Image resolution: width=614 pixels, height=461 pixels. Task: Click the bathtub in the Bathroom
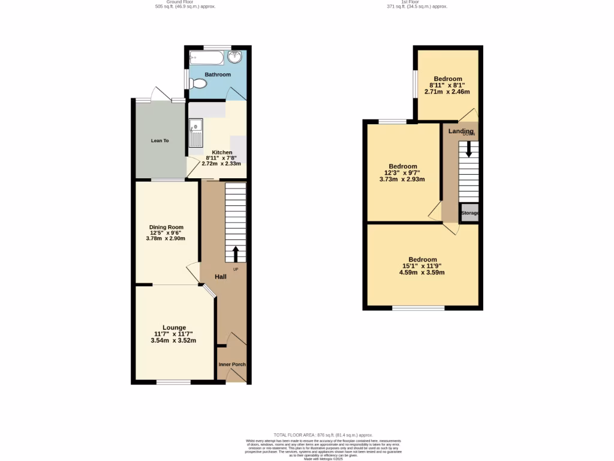pyautogui.click(x=207, y=58)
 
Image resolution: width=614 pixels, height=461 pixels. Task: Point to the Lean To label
pyautogui.click(x=159, y=140)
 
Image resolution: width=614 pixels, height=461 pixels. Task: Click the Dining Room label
pyautogui.click(x=166, y=227)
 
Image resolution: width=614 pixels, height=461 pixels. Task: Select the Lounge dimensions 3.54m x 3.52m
pyautogui.click(x=173, y=340)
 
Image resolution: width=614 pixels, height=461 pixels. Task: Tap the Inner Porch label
pyautogui.click(x=231, y=364)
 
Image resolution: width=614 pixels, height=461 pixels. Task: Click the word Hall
pyautogui.click(x=220, y=277)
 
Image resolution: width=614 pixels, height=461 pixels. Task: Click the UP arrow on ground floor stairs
pyautogui.click(x=235, y=253)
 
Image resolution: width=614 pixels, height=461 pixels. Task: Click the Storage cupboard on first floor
pyautogui.click(x=469, y=213)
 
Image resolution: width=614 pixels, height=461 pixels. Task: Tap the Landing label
pyautogui.click(x=460, y=131)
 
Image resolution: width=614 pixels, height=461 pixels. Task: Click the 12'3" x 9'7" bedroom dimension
pyautogui.click(x=402, y=173)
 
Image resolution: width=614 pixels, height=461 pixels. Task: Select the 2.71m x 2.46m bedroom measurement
pyautogui.click(x=447, y=92)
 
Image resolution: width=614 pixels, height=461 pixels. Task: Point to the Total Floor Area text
pyautogui.click(x=323, y=435)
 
